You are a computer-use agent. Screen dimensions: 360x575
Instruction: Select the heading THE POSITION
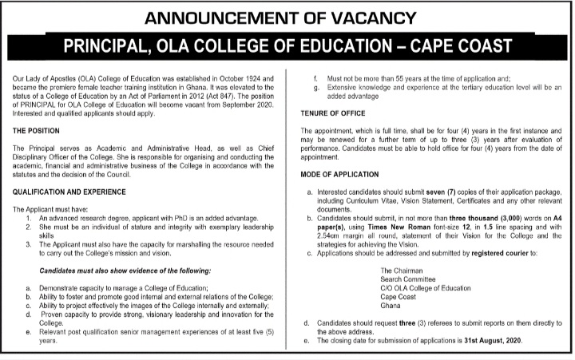tap(41, 129)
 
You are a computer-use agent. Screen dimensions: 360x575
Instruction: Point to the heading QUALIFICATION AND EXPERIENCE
tap(77, 191)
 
